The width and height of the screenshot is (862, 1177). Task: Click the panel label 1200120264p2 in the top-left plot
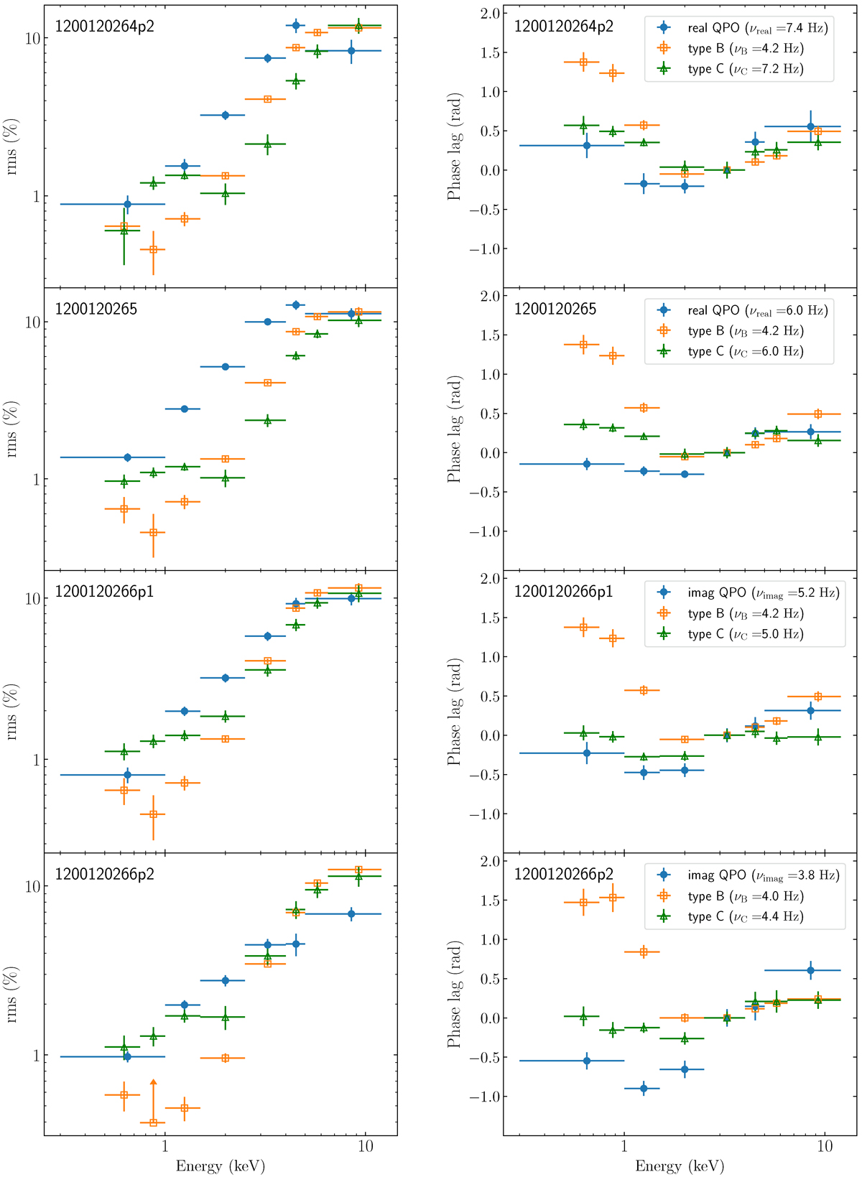point(104,27)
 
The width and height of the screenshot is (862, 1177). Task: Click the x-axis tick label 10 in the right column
point(824,1147)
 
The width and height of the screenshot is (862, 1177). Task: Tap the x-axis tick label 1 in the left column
point(165,1147)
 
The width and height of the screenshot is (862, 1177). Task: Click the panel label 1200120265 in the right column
point(555,310)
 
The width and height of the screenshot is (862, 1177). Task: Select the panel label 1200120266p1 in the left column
point(104,592)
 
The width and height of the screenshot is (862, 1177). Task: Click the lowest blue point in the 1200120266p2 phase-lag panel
point(644,1089)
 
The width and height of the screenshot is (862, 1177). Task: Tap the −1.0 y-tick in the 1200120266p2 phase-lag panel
point(483,1097)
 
